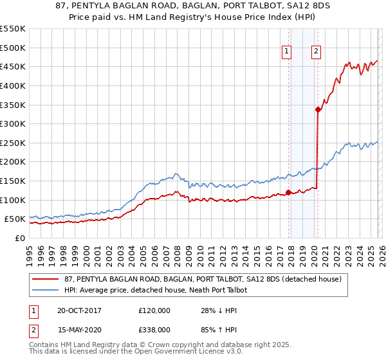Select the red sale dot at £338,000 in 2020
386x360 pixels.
(x=318, y=109)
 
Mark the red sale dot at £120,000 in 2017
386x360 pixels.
(x=288, y=192)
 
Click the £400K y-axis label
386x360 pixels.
(x=13, y=85)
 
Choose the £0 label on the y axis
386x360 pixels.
(x=19, y=238)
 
